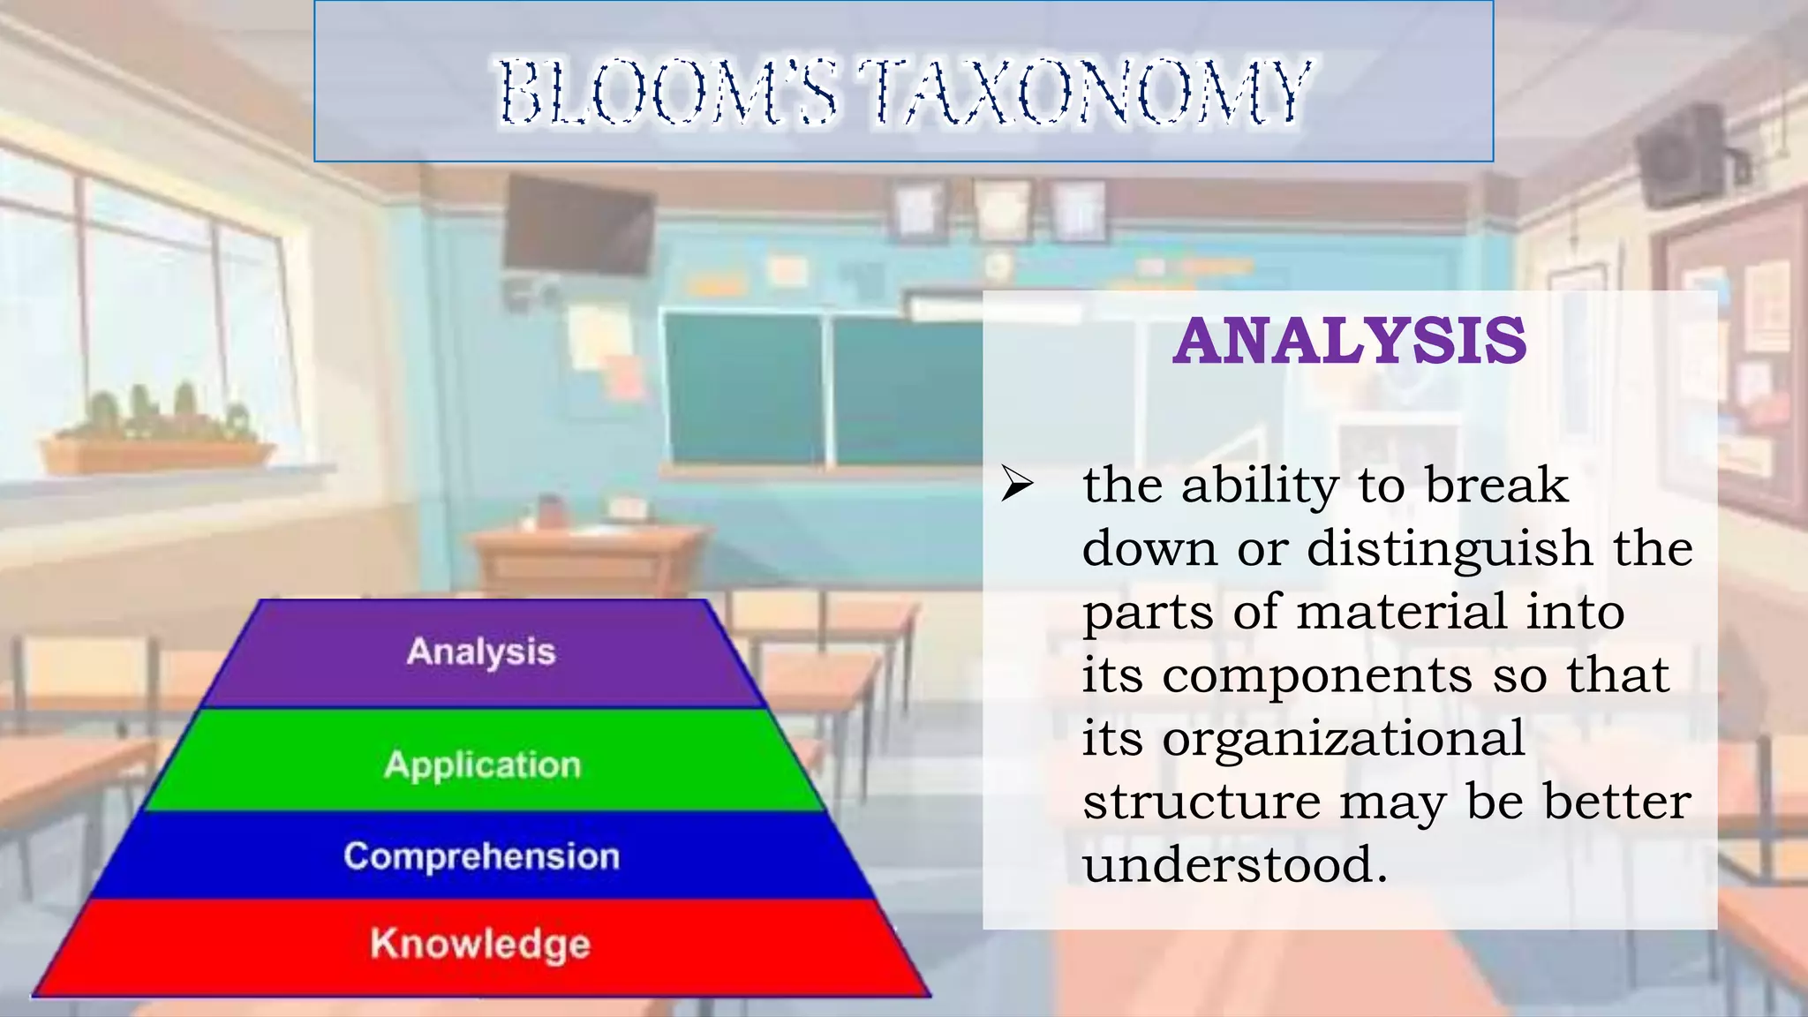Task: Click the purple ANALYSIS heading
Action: click(x=1349, y=341)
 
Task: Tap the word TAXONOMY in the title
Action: click(x=1085, y=92)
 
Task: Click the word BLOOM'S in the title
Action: click(x=667, y=92)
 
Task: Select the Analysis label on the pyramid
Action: click(x=481, y=652)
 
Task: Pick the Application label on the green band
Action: click(x=483, y=765)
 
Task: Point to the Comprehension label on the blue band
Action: click(x=482, y=856)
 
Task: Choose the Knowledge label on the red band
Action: click(x=480, y=943)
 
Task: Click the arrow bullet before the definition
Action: click(x=1017, y=485)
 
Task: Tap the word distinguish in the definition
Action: click(x=1450, y=548)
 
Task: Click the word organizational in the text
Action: click(x=1343, y=738)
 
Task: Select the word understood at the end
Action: click(x=1235, y=864)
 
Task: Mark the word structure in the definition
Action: click(x=1202, y=802)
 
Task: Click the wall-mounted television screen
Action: click(x=578, y=226)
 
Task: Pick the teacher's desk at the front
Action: click(x=587, y=556)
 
